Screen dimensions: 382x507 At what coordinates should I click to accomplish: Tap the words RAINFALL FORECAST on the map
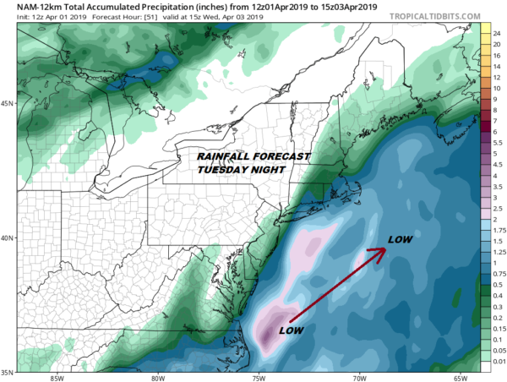click(253, 156)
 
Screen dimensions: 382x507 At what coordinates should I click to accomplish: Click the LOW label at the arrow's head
click(400, 239)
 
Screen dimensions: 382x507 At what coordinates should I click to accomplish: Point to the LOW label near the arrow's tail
click(292, 329)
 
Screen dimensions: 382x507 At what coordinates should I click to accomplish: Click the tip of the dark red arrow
click(384, 250)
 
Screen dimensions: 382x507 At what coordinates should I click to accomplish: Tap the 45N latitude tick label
click(8, 104)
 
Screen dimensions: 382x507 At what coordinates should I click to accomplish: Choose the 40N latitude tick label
click(8, 237)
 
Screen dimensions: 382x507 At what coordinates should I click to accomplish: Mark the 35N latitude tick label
click(8, 371)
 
